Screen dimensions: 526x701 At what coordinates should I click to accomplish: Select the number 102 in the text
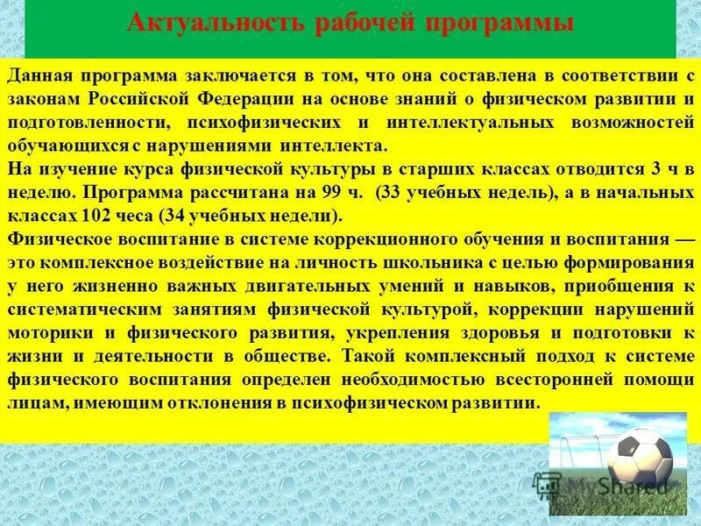point(100,215)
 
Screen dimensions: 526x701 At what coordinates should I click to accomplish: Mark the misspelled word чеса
point(138,215)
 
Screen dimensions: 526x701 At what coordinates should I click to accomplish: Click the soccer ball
point(640,457)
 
